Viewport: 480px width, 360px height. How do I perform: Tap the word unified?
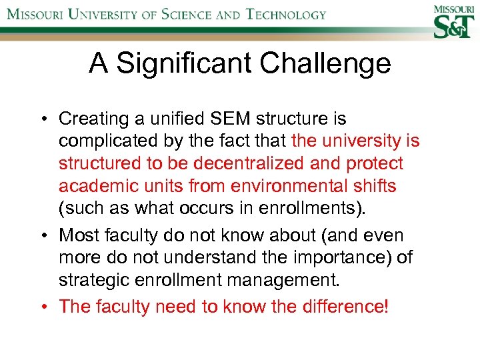(x=169, y=119)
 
